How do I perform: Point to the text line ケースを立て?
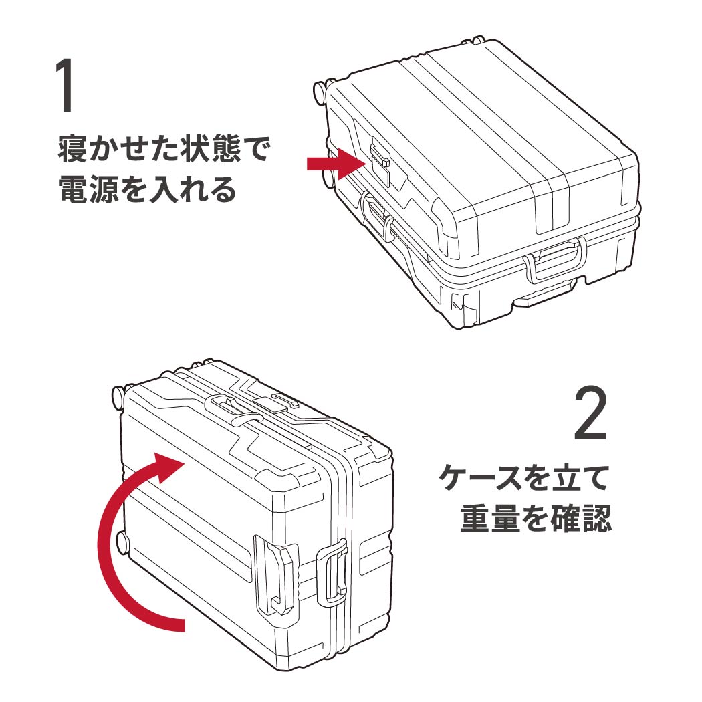coord(525,479)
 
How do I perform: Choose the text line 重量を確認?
coord(536,519)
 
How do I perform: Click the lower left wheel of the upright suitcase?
coord(121,542)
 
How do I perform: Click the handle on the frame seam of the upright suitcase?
coord(332,575)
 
